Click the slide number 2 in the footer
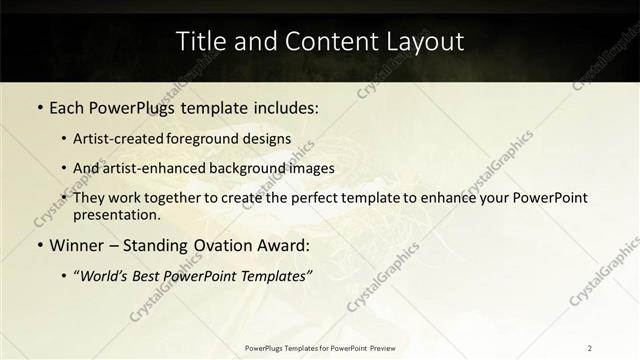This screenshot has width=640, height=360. (x=590, y=348)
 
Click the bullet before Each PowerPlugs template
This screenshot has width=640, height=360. (x=39, y=106)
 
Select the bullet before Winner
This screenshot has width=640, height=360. (x=39, y=245)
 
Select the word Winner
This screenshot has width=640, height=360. (x=76, y=245)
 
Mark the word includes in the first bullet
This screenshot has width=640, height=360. (x=286, y=106)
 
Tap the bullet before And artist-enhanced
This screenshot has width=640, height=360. (x=65, y=168)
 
